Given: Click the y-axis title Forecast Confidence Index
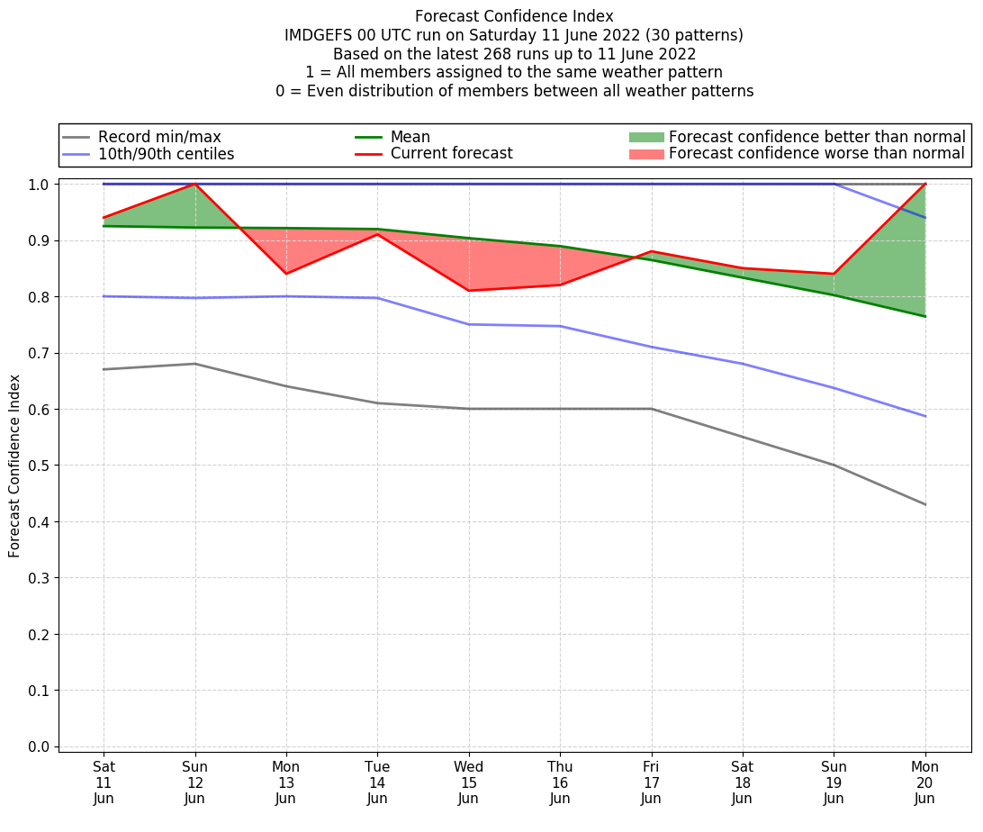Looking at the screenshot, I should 14,466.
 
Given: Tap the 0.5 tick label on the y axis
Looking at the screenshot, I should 38,466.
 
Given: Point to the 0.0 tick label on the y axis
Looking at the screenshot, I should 38,747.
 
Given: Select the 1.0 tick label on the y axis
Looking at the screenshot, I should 38,185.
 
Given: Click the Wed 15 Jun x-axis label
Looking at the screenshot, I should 468,782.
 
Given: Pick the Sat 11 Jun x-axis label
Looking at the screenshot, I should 104,782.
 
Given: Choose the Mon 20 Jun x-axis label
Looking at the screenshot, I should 924,782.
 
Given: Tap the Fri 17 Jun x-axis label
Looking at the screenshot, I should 651,782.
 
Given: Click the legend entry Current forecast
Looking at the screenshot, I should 451,154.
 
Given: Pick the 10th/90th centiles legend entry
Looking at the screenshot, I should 166,154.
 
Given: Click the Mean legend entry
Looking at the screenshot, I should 410,137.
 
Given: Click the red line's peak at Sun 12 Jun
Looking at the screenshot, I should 195,184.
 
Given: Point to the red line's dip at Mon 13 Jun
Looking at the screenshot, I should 286,274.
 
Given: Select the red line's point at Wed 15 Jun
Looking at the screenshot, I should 468,290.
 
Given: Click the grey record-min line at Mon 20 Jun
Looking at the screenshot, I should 924,504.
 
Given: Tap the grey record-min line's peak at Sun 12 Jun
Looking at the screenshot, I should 195,364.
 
